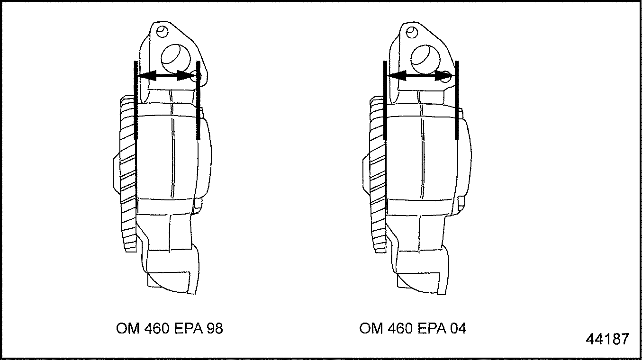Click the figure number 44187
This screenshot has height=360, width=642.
coord(607,339)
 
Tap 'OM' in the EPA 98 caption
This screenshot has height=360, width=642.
coord(127,328)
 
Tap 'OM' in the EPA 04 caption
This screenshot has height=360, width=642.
coord(371,328)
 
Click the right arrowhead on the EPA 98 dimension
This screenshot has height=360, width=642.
coord(186,76)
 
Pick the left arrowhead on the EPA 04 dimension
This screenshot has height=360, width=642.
coord(397,76)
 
